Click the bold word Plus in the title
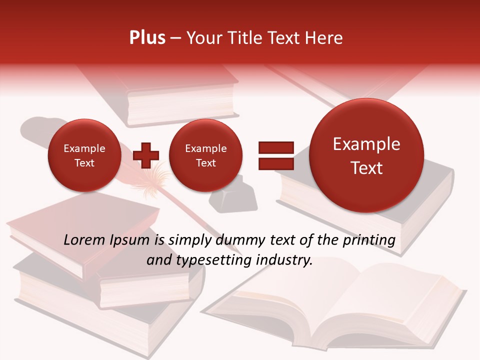147,38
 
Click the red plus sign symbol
145,155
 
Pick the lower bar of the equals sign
275,163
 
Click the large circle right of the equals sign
366,155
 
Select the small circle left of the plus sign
84,155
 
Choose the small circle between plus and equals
205,155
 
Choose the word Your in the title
202,38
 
